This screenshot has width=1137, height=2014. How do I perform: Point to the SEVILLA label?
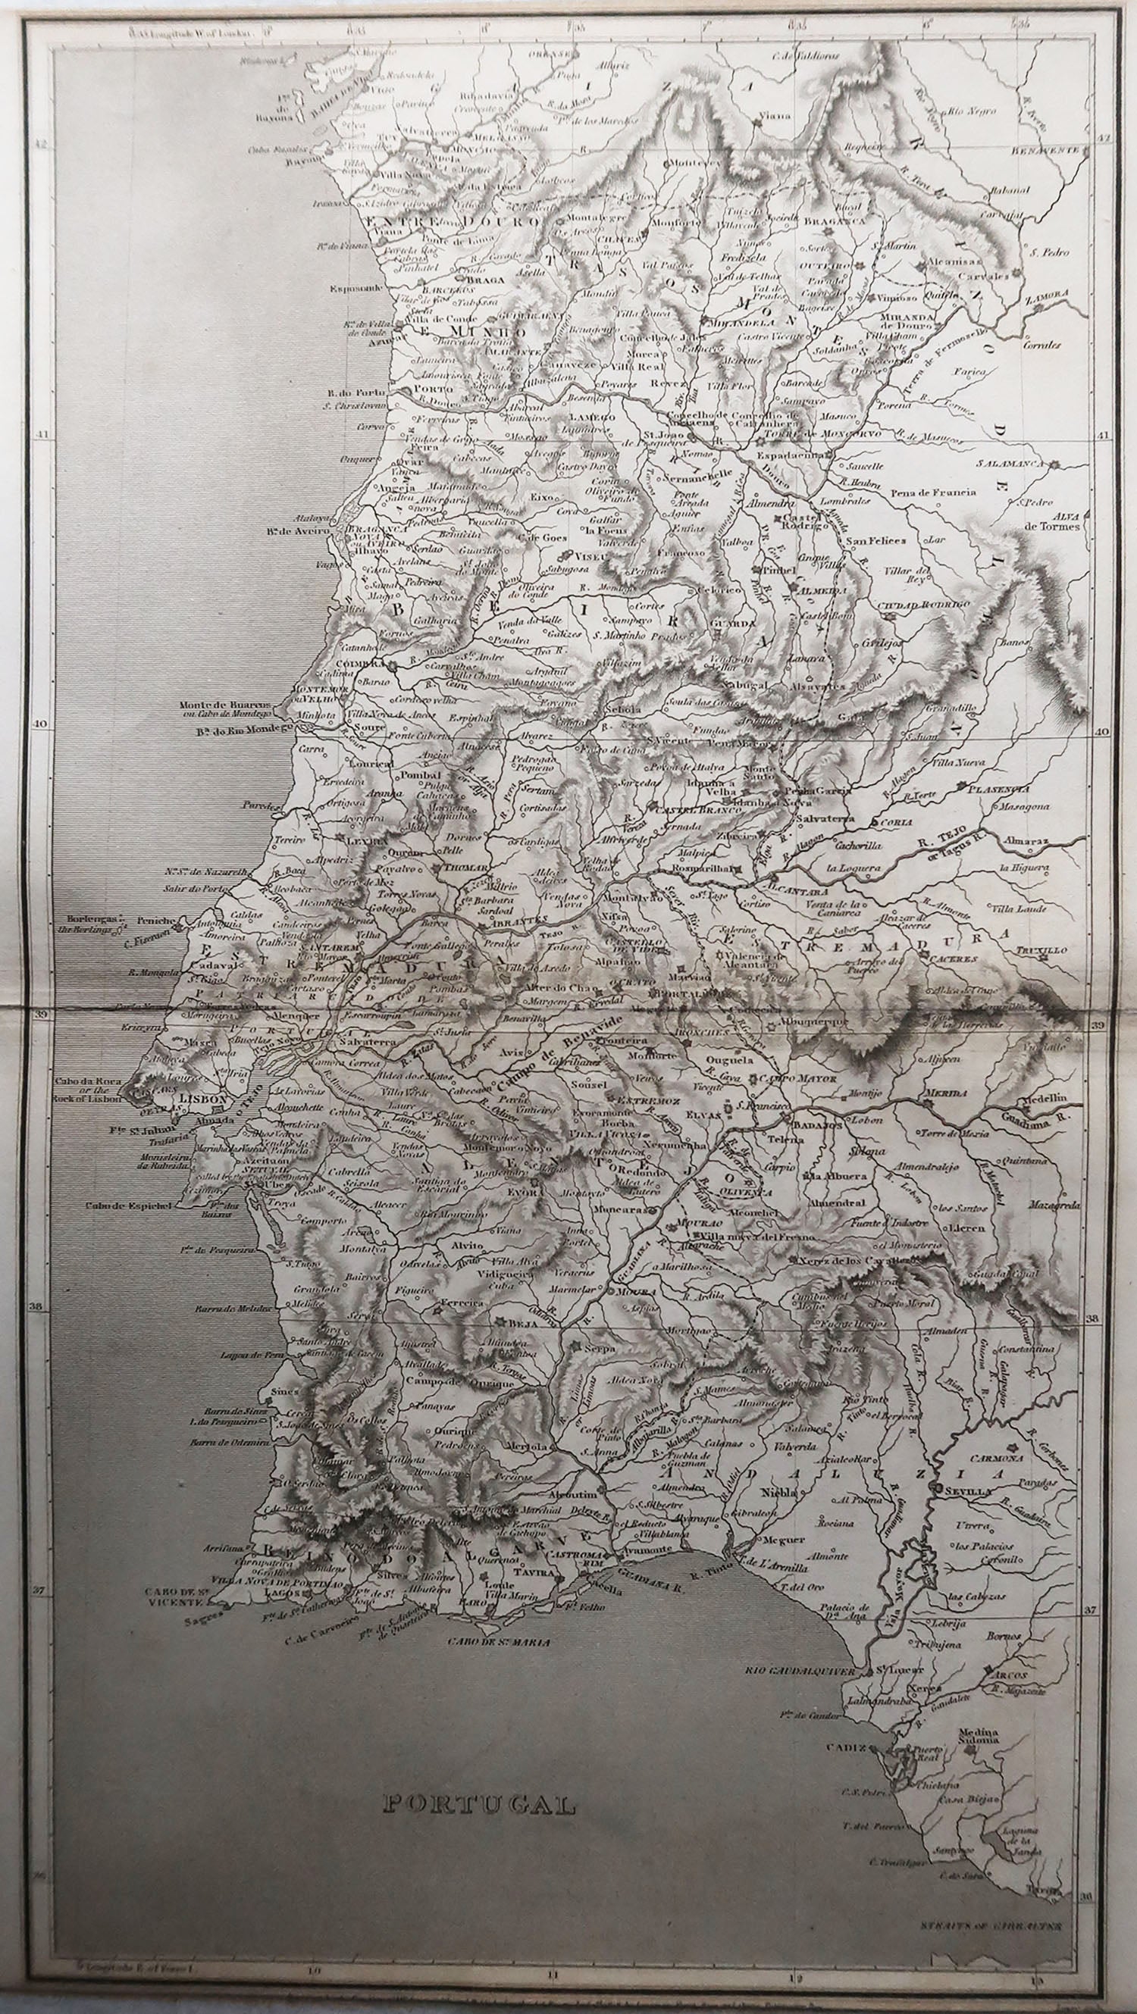coord(969,1491)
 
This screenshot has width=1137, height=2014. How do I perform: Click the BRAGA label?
coord(483,277)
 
